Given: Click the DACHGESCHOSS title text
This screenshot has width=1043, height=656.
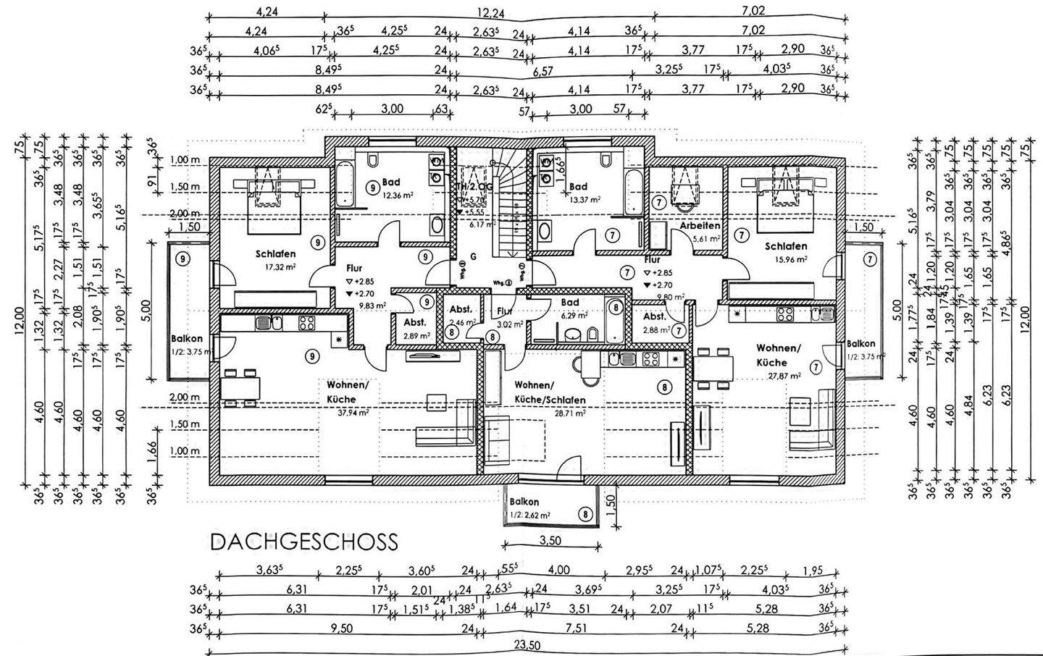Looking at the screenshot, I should [x=303, y=542].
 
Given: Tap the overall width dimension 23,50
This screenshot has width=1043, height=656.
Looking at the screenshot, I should [x=526, y=645].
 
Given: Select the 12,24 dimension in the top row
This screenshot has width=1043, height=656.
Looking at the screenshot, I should [x=490, y=12].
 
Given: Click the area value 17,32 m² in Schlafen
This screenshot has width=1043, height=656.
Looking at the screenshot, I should [x=275, y=266].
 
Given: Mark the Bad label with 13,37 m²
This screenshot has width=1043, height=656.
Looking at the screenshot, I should [x=578, y=186].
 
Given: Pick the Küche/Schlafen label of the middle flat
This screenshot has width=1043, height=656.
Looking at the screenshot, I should [x=550, y=400].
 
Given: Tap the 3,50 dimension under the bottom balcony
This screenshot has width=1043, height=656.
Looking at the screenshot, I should [x=550, y=540].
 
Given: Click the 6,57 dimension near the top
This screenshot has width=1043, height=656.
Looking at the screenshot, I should [x=543, y=70].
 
